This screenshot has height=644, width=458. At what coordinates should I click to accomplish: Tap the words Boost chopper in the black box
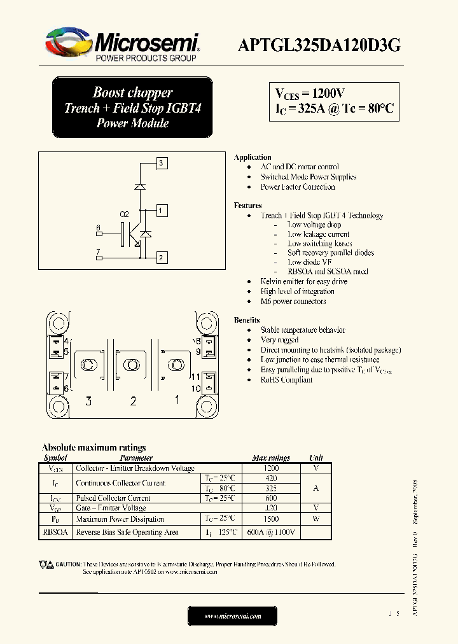[x=132, y=93]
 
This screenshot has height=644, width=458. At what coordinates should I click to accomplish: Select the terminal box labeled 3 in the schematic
[x=162, y=164]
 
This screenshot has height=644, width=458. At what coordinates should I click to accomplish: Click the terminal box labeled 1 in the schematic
[x=162, y=211]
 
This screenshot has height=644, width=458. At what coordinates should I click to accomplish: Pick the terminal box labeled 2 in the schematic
[x=162, y=258]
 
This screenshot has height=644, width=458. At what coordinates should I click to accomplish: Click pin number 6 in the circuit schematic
[x=98, y=228]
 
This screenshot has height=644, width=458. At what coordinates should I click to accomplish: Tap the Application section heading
[x=253, y=157]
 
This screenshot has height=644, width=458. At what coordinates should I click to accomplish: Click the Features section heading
[x=248, y=206]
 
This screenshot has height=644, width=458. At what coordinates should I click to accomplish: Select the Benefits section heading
[x=247, y=320]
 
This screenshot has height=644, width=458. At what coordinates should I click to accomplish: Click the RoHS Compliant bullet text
[x=286, y=380]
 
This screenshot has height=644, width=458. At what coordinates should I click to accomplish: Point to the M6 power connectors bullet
[x=293, y=302]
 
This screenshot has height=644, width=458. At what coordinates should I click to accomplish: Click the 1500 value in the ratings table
[x=271, y=519]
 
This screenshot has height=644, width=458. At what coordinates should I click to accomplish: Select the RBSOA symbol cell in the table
[x=55, y=532]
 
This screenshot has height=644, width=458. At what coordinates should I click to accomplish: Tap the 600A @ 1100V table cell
[x=270, y=533]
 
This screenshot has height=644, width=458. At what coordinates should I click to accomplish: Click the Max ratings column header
[x=271, y=458]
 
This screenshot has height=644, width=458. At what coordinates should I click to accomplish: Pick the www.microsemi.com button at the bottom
[x=233, y=616]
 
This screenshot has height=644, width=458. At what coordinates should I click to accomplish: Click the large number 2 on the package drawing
[x=133, y=401]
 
